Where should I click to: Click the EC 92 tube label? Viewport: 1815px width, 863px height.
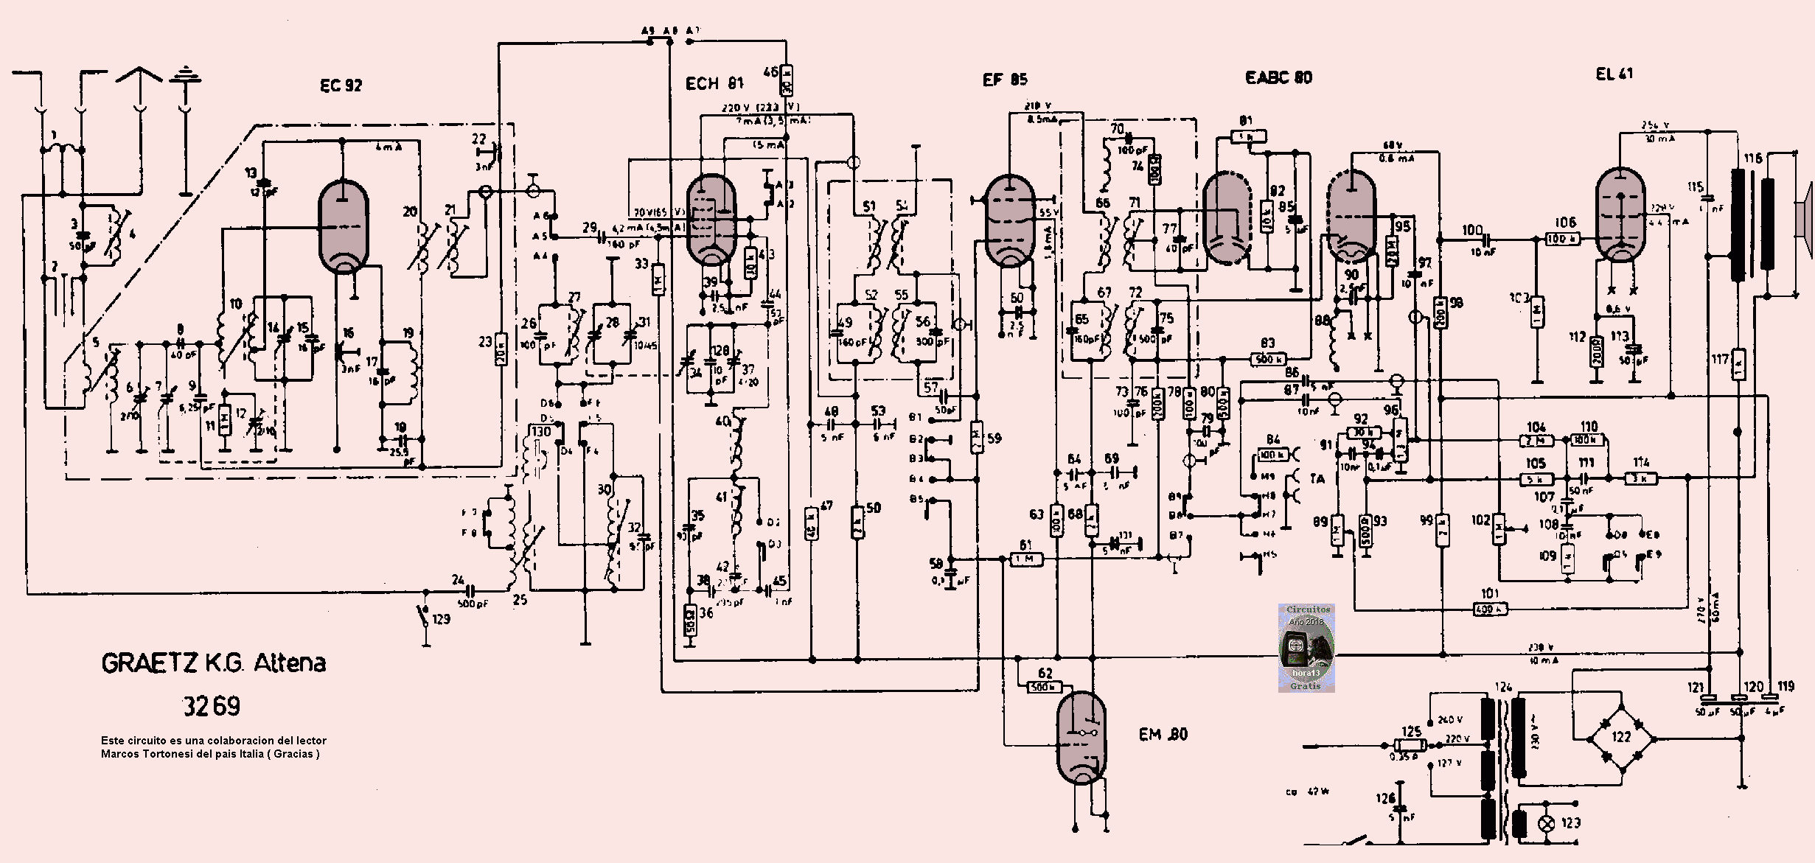coord(341,85)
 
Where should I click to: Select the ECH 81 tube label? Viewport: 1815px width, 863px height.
coord(714,83)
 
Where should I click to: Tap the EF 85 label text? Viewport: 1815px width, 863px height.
coord(1005,80)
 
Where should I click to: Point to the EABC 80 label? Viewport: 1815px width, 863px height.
coord(1278,77)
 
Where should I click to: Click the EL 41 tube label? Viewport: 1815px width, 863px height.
coord(1614,74)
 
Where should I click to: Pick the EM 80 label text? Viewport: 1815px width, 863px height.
coord(1163,734)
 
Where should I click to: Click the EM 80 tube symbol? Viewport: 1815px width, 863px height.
coord(1081,738)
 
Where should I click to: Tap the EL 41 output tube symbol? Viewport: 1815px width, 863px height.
coord(1620,214)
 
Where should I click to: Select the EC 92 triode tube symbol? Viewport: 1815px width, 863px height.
coord(343,225)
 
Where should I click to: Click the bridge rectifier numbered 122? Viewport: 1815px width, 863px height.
coord(1621,738)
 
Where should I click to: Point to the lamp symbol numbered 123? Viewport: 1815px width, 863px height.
coord(1547,823)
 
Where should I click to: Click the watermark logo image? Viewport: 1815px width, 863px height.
coord(1306,648)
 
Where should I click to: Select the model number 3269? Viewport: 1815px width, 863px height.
coord(212,706)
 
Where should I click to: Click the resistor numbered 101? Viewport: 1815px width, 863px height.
coord(1489,609)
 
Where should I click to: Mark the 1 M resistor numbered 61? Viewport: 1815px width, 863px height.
coord(1025,559)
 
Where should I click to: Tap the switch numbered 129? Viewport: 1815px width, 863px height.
coord(425,616)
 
